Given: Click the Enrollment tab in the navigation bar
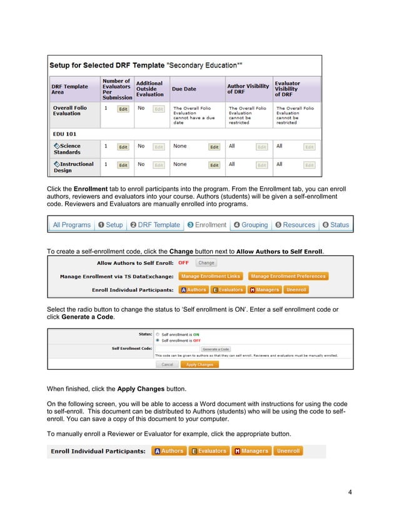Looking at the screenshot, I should coord(206,225).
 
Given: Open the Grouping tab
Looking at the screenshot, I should coord(250,225).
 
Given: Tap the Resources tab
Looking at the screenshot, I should coord(295,225).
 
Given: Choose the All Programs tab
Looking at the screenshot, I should coord(71,225).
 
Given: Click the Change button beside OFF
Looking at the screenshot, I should coord(206,263).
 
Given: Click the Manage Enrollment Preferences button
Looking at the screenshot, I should coord(288,276).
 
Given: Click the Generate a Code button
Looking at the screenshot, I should coord(216,349).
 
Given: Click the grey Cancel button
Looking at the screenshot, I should coord(167,364).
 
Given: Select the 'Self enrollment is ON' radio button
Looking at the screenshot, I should coord(157,334).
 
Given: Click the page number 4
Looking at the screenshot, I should coord(350,493).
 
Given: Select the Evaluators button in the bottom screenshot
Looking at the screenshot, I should coord(209,451).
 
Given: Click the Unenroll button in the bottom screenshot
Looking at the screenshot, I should coord(288,451).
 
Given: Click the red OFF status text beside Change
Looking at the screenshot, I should coord(183,263).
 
